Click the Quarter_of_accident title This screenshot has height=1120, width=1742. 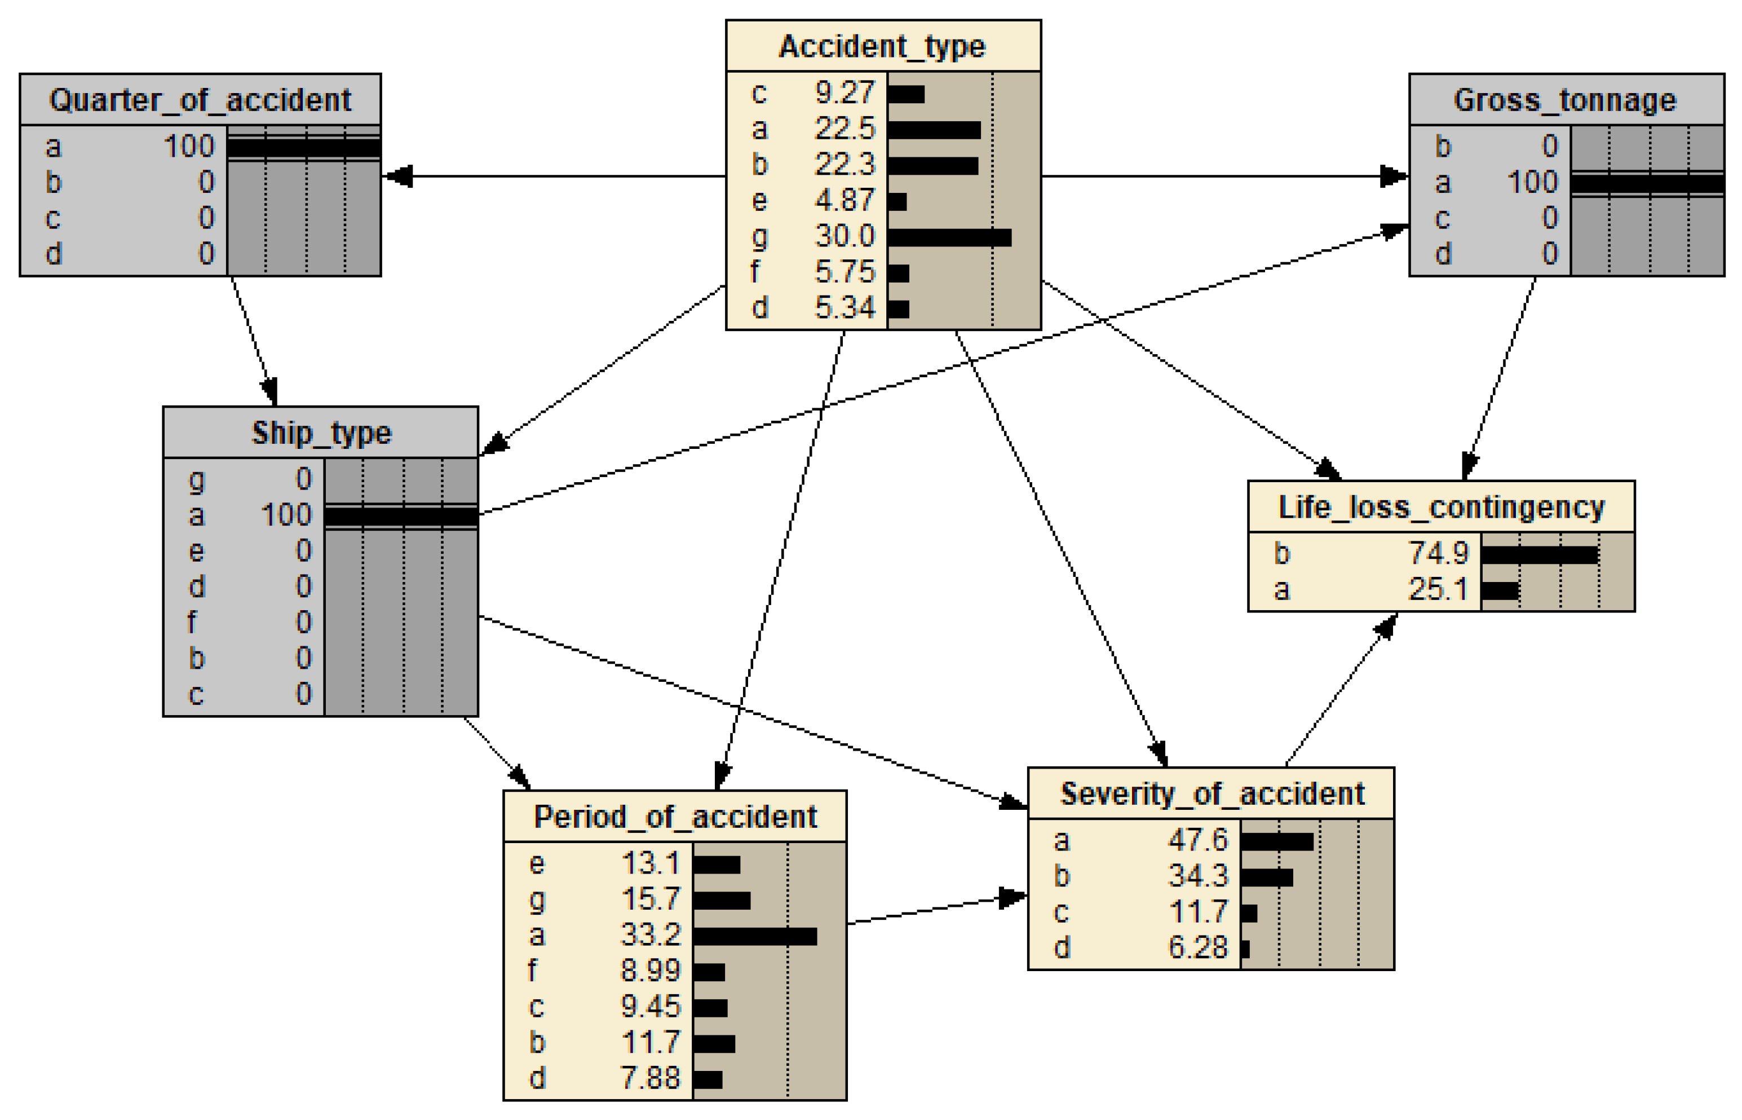coord(200,100)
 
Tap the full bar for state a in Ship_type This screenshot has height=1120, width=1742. coord(401,517)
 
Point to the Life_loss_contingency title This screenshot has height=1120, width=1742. coord(1441,507)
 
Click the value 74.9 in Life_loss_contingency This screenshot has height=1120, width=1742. coord(1438,553)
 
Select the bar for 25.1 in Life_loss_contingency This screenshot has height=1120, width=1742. coord(1499,590)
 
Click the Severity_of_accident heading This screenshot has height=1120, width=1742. coord(1212,793)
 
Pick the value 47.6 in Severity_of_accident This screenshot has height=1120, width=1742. coord(1197,840)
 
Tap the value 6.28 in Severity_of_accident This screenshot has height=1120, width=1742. coord(1197,947)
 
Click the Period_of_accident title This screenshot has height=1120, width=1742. coord(675,817)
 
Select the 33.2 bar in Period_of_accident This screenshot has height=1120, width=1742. coord(755,936)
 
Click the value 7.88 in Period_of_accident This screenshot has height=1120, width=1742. coord(650,1078)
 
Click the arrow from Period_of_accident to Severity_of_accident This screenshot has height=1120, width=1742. coord(938,910)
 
